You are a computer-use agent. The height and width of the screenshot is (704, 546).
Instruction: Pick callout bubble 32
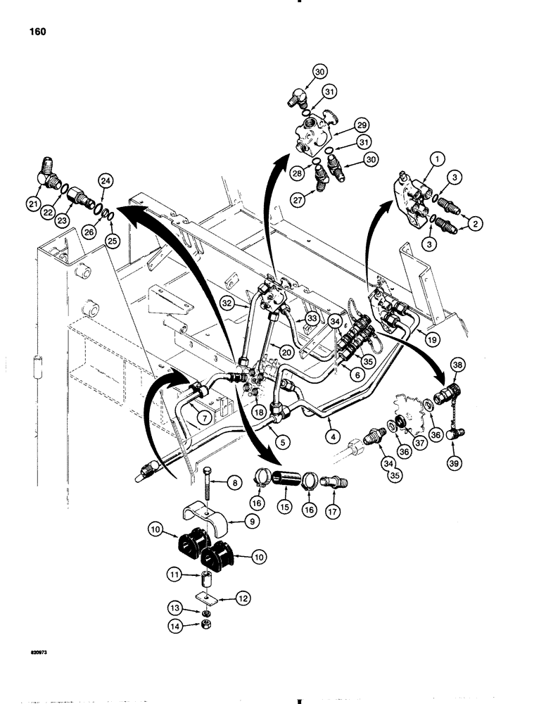227,303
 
